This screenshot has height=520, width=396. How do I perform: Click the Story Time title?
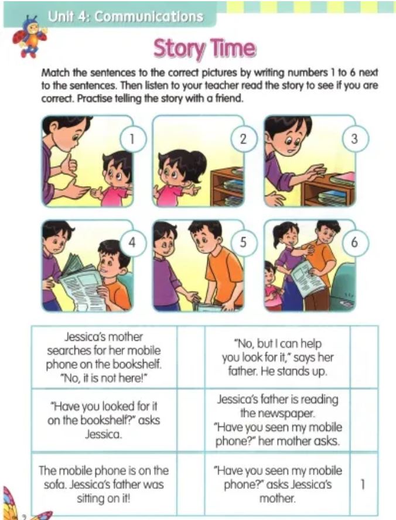click(204, 49)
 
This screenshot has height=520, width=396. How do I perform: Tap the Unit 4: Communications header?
click(125, 16)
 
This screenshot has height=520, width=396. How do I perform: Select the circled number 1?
click(132, 139)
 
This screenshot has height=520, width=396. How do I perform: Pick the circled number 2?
click(244, 139)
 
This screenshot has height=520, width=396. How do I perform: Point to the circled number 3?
click(354, 139)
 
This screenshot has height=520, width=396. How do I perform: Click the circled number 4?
click(132, 242)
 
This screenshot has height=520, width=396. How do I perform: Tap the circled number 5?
click(244, 242)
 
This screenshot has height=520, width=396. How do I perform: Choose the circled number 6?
click(354, 242)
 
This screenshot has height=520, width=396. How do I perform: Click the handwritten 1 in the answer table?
click(363, 484)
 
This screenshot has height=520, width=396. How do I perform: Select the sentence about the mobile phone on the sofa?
click(104, 484)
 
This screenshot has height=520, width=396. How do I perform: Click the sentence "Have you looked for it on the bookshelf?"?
click(104, 420)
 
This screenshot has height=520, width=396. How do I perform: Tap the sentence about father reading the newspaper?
click(278, 420)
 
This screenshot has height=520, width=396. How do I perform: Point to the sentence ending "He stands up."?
click(278, 357)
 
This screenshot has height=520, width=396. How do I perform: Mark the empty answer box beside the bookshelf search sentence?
click(191, 357)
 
